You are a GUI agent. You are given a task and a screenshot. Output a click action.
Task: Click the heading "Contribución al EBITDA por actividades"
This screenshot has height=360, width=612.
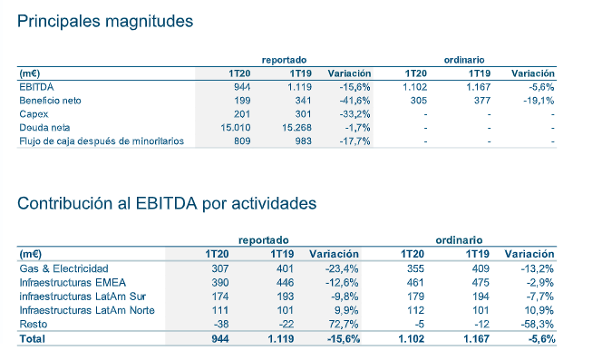[x=167, y=203]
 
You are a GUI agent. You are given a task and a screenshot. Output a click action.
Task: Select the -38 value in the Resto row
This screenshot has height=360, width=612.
[x=219, y=324]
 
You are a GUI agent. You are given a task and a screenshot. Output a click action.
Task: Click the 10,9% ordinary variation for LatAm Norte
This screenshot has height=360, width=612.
[x=539, y=310]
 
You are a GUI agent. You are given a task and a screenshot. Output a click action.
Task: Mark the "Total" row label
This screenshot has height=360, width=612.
[x=32, y=338]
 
